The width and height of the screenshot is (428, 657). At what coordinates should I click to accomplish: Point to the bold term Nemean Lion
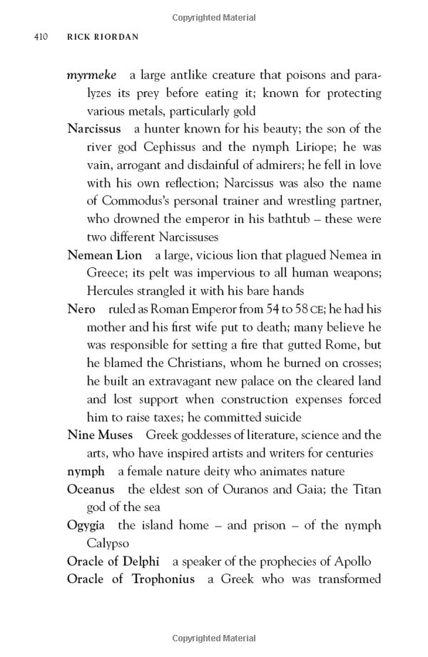coord(104,255)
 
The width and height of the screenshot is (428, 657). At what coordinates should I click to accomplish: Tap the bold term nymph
coord(86,471)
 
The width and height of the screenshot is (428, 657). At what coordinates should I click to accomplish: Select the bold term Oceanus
coord(91,489)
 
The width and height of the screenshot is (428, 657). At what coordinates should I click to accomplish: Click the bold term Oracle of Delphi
coord(113,561)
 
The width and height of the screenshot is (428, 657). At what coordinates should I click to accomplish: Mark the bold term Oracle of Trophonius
coord(131,579)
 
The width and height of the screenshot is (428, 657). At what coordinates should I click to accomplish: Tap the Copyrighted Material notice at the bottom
coord(214,638)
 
